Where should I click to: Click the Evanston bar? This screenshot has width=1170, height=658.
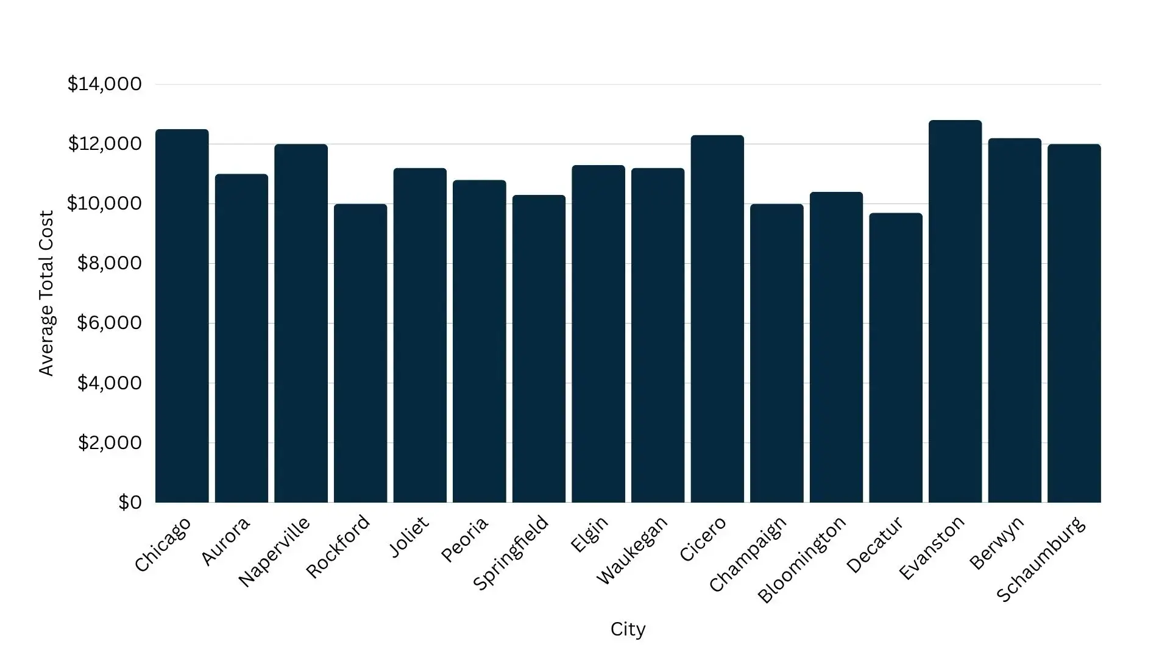tap(955, 311)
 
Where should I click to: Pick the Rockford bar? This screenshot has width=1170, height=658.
tap(360, 353)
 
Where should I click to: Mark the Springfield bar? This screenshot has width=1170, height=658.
tap(539, 348)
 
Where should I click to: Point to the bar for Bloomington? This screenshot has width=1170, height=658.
tap(836, 347)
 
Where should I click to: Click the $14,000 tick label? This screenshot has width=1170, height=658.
tap(104, 84)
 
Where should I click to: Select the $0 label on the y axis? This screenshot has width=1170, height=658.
tap(130, 503)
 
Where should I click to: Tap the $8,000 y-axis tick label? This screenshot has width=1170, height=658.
tap(109, 263)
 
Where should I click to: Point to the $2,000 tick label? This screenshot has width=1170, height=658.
tap(109, 443)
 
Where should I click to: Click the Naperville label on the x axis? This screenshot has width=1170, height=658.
tap(274, 552)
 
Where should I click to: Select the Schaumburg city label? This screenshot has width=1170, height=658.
tap(1041, 559)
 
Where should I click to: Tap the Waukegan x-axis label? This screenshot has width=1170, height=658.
tap(632, 550)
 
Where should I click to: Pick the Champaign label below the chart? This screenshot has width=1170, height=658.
tap(748, 554)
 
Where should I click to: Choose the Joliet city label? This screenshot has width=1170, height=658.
tap(409, 536)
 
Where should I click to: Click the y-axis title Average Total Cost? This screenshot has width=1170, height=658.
tap(46, 293)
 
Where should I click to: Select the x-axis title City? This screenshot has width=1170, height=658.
tap(628, 629)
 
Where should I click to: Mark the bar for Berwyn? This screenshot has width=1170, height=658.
tap(1015, 320)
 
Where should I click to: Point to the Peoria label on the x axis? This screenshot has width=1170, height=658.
tap(464, 540)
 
